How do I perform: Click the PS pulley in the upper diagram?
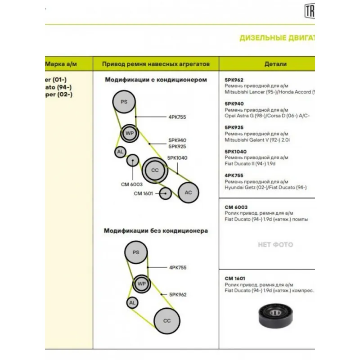(x=124, y=102)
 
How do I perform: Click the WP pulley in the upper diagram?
(x=130, y=133)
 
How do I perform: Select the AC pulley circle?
(x=189, y=193)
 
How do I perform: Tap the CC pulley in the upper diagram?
(x=155, y=170)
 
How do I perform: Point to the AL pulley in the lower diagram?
(x=132, y=303)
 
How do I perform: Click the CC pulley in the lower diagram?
(x=167, y=321)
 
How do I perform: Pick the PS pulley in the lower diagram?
(x=136, y=253)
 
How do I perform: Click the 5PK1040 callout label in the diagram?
(x=177, y=158)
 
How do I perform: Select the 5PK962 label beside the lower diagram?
(x=178, y=295)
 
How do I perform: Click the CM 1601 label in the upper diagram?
(x=144, y=193)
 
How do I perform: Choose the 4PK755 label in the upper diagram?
(x=177, y=117)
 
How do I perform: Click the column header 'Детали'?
(x=275, y=64)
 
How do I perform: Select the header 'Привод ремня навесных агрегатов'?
(x=156, y=64)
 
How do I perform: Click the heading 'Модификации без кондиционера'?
(x=156, y=231)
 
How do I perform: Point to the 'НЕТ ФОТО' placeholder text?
(x=275, y=245)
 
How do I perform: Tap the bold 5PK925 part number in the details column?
(x=234, y=128)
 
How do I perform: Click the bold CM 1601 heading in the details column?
(x=235, y=279)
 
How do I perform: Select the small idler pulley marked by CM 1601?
(x=166, y=193)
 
